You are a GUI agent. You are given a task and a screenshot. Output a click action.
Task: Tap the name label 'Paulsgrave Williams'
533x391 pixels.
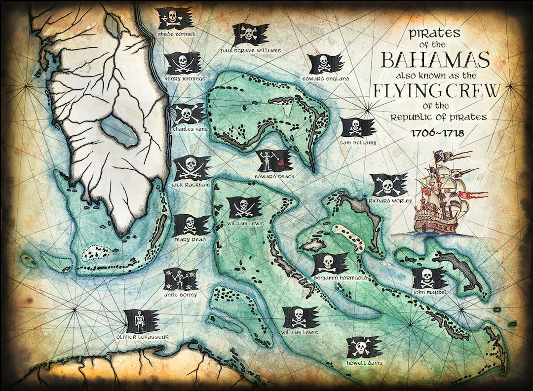pos(251,50)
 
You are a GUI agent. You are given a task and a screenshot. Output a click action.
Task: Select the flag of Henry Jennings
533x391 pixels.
pos(182,63)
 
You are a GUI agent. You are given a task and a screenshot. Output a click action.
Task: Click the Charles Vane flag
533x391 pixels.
pos(188,115)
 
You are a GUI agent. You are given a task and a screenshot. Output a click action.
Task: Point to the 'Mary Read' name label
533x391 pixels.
pos(190,239)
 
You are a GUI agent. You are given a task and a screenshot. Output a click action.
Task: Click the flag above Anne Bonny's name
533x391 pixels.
pos(180,280)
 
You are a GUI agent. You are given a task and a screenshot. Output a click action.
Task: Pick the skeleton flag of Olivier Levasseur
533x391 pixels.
pos(142,321)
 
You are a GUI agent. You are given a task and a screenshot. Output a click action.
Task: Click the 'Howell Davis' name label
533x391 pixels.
pos(364,363)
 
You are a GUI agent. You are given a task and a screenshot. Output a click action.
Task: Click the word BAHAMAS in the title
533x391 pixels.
pos(436,60)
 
